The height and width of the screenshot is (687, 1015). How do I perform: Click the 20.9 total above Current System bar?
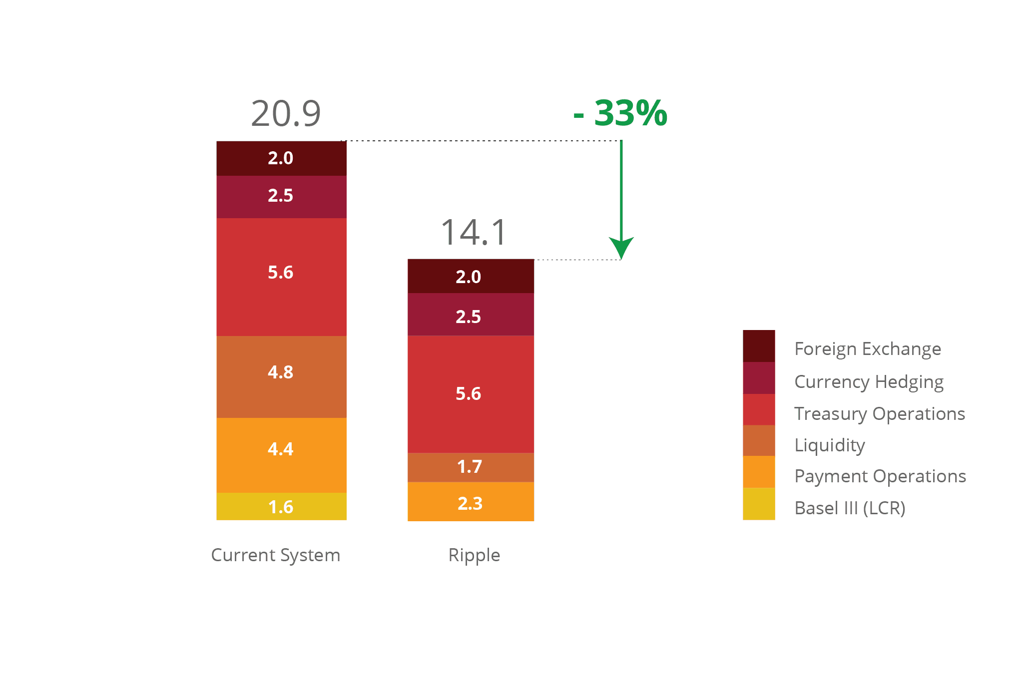pos(286,114)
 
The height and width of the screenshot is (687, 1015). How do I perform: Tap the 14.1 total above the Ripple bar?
pos(474,233)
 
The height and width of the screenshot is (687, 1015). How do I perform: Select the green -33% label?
pos(620,113)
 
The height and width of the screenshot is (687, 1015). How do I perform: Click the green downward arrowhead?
pos(621,248)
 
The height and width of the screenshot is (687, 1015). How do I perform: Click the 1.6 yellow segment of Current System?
pos(281,506)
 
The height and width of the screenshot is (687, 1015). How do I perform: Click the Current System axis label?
pos(276,555)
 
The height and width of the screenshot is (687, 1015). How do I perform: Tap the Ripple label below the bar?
pos(474,555)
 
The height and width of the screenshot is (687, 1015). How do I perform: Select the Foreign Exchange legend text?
pos(868,349)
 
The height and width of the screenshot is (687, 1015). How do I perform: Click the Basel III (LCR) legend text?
pos(850,508)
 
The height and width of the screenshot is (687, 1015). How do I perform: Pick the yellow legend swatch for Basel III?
pos(759,504)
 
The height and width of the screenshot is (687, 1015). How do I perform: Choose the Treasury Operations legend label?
pos(880,414)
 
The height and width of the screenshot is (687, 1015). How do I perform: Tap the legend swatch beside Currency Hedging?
pos(759,378)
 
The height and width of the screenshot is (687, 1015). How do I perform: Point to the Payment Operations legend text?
pos(880,476)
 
